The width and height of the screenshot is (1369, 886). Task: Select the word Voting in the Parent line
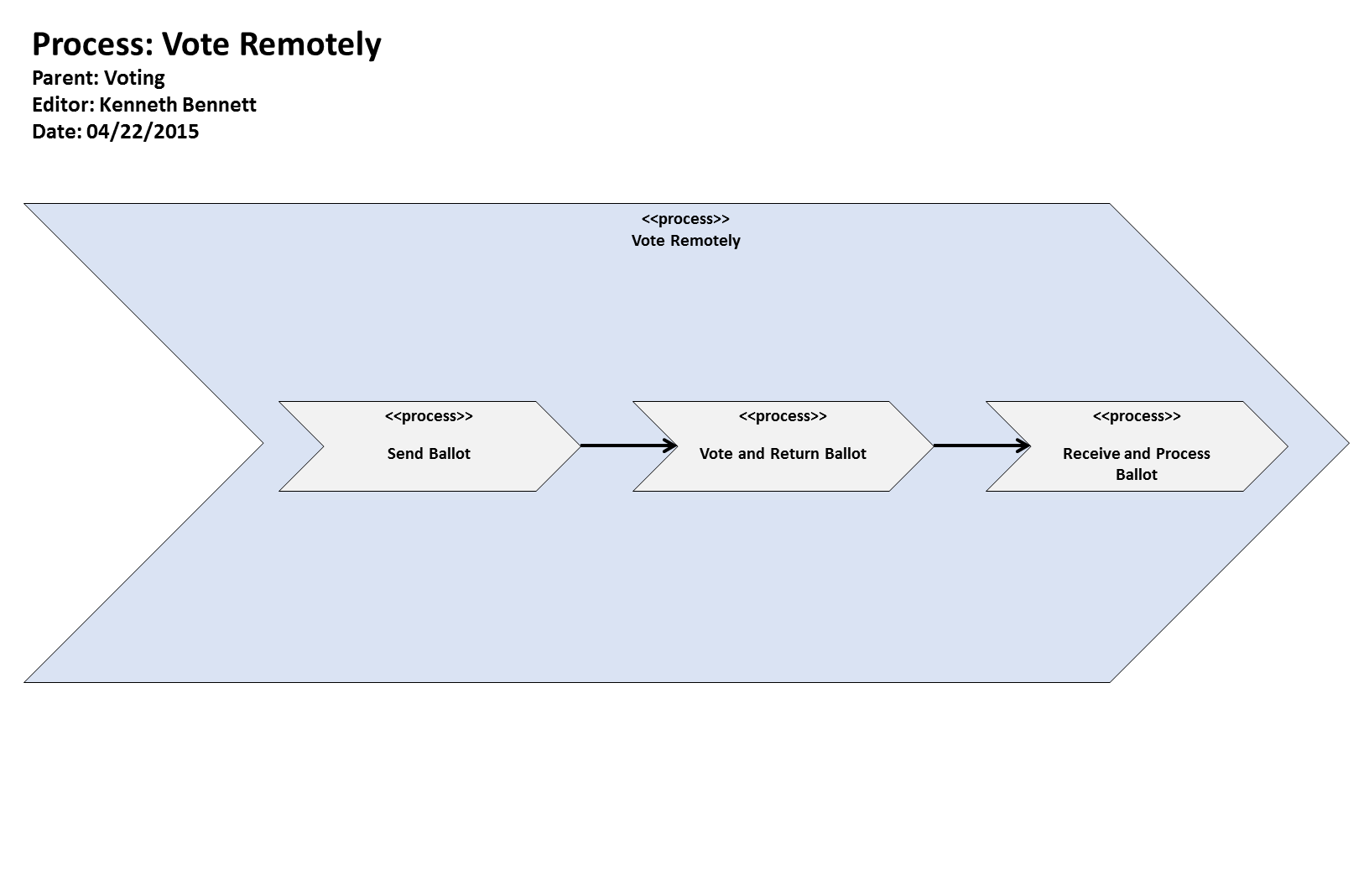pos(134,78)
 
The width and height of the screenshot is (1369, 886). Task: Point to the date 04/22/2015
pos(143,132)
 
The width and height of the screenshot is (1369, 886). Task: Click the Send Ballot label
pos(429,454)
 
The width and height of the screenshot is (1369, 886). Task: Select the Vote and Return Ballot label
pos(783,454)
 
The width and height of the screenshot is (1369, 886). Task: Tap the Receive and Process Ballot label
pos(1136,464)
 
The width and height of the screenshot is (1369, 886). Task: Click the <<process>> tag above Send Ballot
pos(429,416)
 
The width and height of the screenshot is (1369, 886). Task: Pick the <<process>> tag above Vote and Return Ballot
pos(783,416)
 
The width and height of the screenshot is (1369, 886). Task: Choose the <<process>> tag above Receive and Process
pos(1136,416)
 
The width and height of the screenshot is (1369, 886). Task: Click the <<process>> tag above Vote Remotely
pos(685,219)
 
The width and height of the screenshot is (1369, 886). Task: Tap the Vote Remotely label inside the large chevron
pos(685,241)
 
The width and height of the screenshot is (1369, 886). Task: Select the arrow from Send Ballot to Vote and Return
pos(627,446)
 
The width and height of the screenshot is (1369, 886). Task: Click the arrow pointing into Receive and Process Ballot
pos(981,446)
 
